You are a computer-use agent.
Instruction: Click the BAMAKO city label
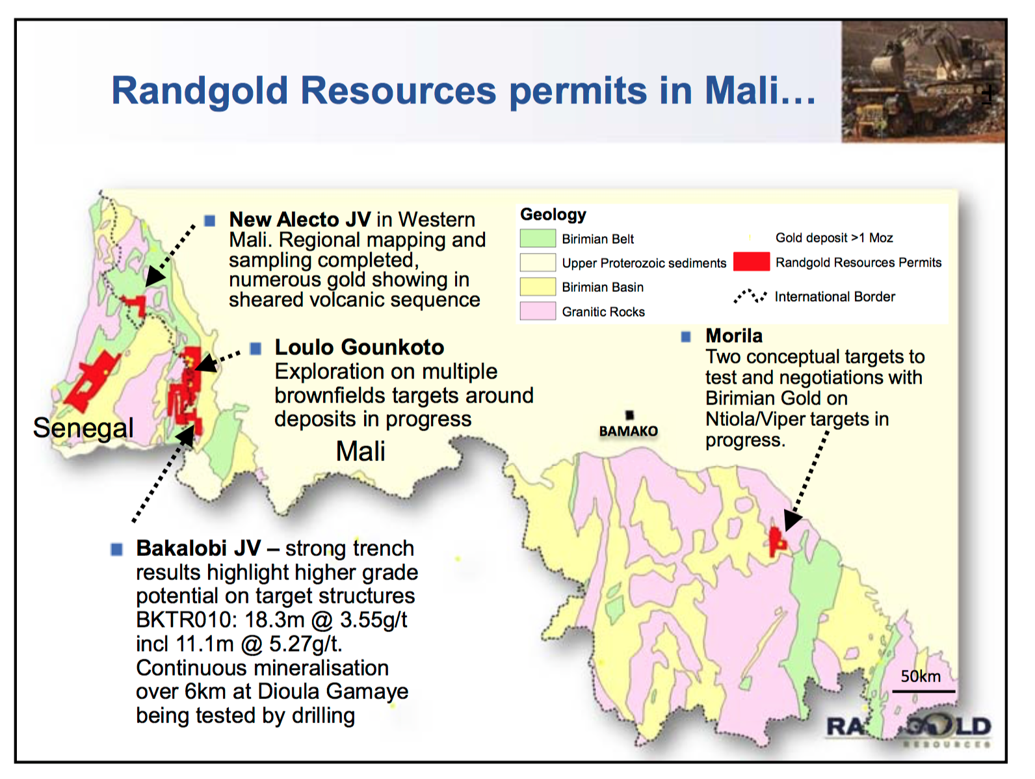pyautogui.click(x=628, y=431)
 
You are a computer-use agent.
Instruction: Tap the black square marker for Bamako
pyautogui.click(x=629, y=415)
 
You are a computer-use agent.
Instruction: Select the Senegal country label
pyautogui.click(x=83, y=428)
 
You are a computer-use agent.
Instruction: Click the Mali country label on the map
pyautogui.click(x=361, y=451)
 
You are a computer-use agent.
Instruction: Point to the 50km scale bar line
pyautogui.click(x=924, y=692)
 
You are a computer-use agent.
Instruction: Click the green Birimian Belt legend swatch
pyautogui.click(x=538, y=239)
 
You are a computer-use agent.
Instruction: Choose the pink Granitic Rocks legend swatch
pyautogui.click(x=538, y=311)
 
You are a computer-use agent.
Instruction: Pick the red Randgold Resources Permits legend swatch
pyautogui.click(x=752, y=261)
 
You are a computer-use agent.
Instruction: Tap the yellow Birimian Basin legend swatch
pyautogui.click(x=538, y=287)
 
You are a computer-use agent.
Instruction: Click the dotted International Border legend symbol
pyautogui.click(x=750, y=296)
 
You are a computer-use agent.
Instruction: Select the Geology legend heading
pyautogui.click(x=553, y=215)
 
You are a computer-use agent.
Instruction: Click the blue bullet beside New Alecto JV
pyautogui.click(x=210, y=220)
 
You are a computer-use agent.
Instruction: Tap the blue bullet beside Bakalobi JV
pyautogui.click(x=116, y=549)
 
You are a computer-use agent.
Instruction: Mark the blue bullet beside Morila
pyautogui.click(x=686, y=337)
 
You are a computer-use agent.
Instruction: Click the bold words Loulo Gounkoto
pyautogui.click(x=360, y=347)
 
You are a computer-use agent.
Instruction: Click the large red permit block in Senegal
pyautogui.click(x=92, y=380)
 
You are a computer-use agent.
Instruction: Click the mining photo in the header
pyautogui.click(x=923, y=81)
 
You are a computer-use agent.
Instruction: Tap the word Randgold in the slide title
pyautogui.click(x=200, y=91)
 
